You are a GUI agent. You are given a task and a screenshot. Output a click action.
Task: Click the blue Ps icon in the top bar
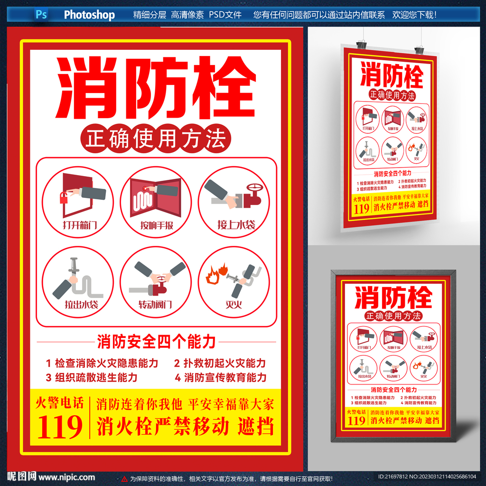coord(41,14)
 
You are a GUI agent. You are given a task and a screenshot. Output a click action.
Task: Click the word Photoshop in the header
coord(89,15)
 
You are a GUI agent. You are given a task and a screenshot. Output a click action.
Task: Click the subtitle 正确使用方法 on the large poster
coord(156,139)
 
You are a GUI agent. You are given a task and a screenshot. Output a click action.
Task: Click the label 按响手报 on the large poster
coord(156,225)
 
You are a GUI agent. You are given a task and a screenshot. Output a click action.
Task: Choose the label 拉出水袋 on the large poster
coord(81,304)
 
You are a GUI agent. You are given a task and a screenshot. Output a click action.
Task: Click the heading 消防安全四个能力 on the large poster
coord(156,341)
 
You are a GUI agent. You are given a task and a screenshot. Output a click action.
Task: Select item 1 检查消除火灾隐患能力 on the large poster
coord(102,364)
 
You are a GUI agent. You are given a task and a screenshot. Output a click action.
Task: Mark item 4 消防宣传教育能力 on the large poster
coord(221,378)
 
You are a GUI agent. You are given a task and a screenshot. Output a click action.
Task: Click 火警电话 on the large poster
coord(60,403)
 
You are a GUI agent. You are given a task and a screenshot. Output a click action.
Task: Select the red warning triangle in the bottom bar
coord(124,478)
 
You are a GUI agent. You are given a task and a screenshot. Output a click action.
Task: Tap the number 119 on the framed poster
coord(356,421)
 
